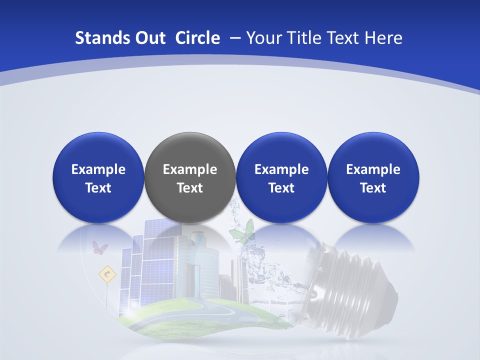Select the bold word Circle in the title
click(x=197, y=38)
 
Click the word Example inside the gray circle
click(x=190, y=169)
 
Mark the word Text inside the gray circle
click(x=190, y=188)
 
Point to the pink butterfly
click(x=100, y=247)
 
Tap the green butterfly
click(x=241, y=232)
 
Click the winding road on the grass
click(x=220, y=312)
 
